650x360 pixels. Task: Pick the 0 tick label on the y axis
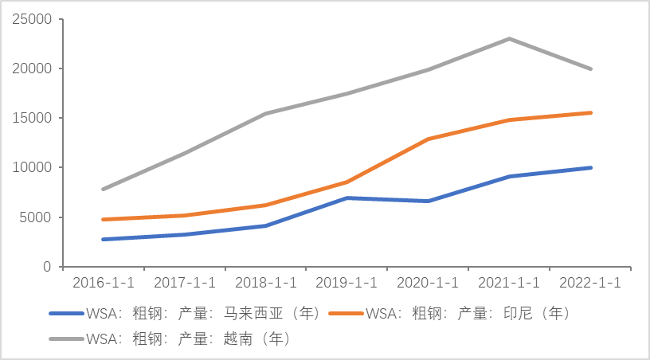pyautogui.click(x=48, y=267)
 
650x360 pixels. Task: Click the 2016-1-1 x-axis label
pyautogui.click(x=103, y=283)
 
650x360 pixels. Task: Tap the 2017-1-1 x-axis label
pyautogui.click(x=184, y=283)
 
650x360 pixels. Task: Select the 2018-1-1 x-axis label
pyautogui.click(x=265, y=283)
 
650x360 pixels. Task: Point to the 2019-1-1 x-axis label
pyautogui.click(x=347, y=283)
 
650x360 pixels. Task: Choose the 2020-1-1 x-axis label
pyautogui.click(x=428, y=283)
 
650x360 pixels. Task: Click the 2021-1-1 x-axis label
pyautogui.click(x=509, y=283)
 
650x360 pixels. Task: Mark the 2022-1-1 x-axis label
pyautogui.click(x=590, y=283)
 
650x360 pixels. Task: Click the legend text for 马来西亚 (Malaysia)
pyautogui.click(x=202, y=313)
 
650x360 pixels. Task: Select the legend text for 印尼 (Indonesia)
pyautogui.click(x=468, y=313)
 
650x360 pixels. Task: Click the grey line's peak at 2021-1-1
pyautogui.click(x=509, y=38)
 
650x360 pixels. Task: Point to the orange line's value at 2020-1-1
pyautogui.click(x=428, y=139)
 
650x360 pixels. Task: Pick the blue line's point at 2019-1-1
pyautogui.click(x=347, y=198)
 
